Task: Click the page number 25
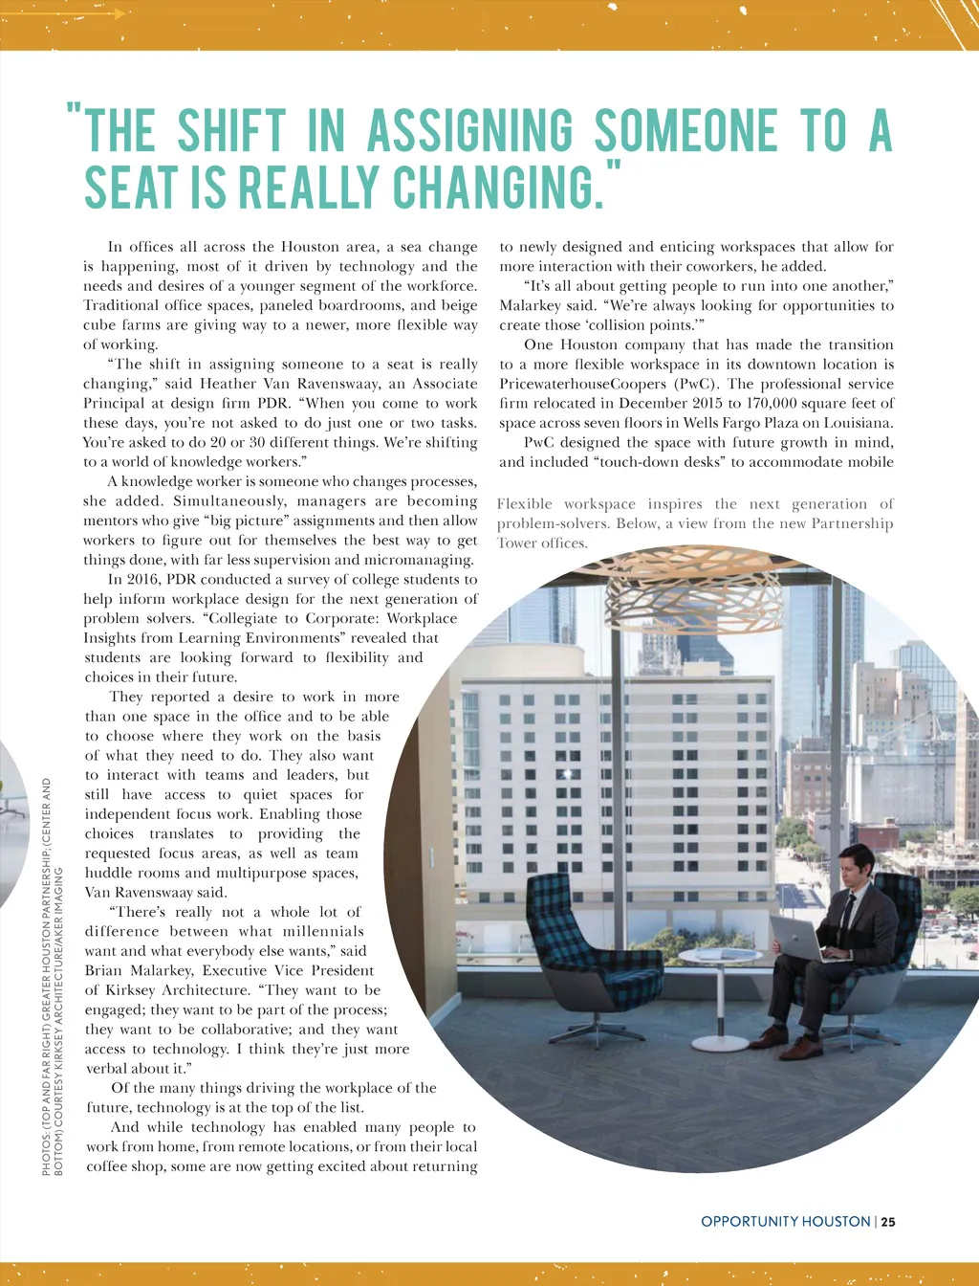click(x=888, y=1222)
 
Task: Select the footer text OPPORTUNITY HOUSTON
click(x=785, y=1222)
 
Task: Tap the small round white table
click(x=720, y=958)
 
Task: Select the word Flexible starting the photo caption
click(x=524, y=504)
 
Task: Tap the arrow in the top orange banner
click(x=113, y=13)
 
